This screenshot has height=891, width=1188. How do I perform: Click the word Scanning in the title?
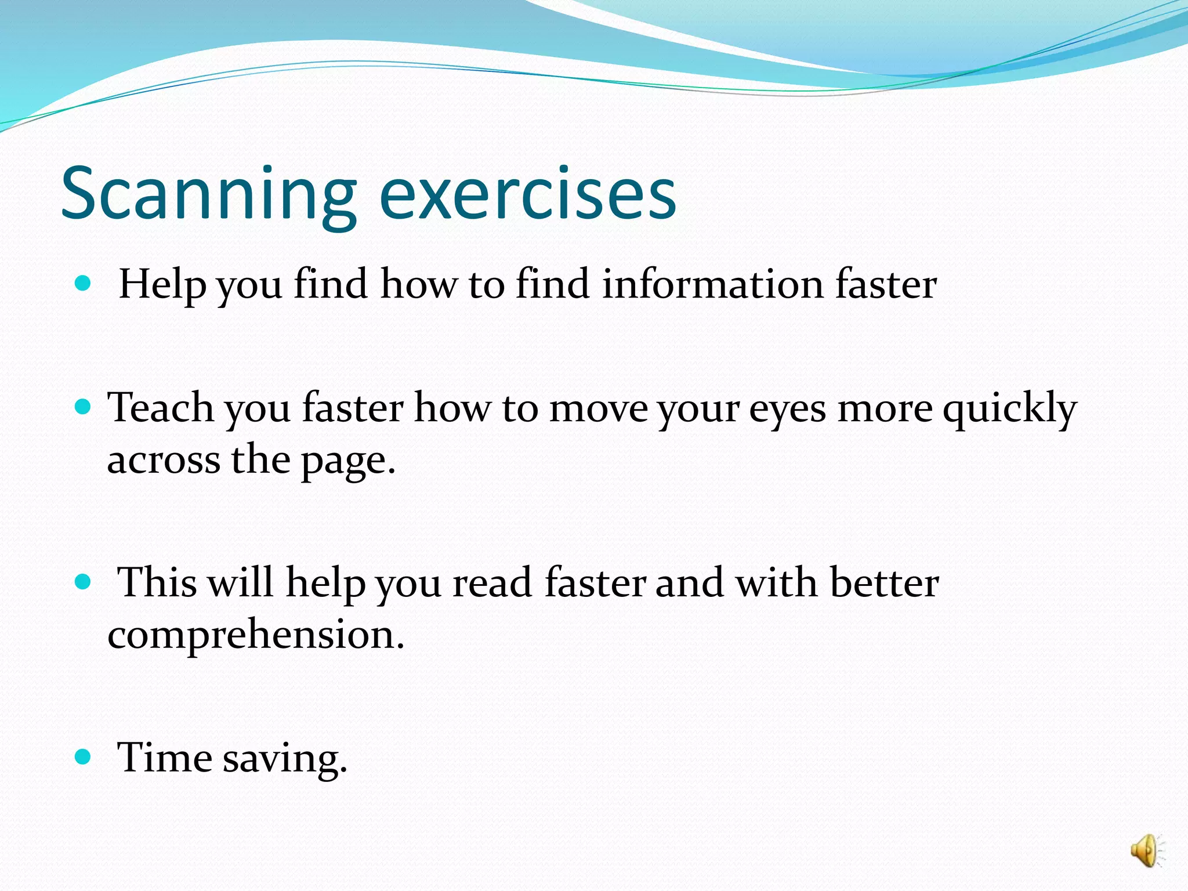[208, 194]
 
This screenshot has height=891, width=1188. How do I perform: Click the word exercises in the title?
[527, 194]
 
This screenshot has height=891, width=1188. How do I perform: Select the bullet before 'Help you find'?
[84, 283]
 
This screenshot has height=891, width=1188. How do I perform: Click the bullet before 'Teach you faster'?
[84, 407]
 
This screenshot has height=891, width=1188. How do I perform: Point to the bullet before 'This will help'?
[84, 582]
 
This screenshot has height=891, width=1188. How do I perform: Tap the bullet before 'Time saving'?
[84, 756]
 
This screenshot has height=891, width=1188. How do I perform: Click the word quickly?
[1009, 409]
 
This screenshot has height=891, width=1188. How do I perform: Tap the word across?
[163, 461]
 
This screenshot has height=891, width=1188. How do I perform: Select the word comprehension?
[255, 636]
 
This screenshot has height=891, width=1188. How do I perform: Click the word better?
[884, 582]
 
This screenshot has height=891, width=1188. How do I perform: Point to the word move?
[597, 409]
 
